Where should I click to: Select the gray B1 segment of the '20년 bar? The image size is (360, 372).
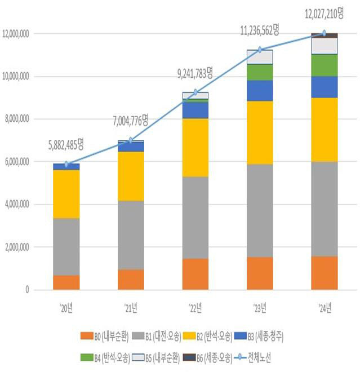pos(66,246)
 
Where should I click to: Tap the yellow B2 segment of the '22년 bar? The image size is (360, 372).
pos(195,147)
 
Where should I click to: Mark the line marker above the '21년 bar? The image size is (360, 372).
pos(131,140)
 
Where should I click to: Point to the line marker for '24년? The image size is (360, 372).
pos(324,33)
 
